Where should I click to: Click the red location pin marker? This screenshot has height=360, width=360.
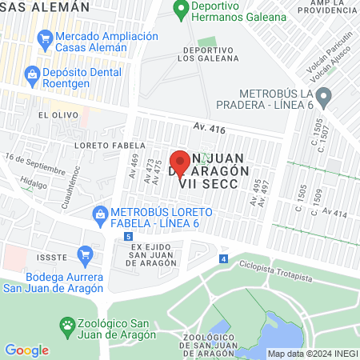click(x=180, y=164)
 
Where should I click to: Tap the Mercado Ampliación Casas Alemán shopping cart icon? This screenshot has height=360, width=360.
click(x=45, y=38)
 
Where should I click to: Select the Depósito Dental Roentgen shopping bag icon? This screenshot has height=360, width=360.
click(x=32, y=75)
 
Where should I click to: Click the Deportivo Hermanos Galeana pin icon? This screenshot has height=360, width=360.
click(x=179, y=11)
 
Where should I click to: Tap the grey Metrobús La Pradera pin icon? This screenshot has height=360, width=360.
click(x=324, y=98)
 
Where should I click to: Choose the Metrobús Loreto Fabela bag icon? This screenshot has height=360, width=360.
click(x=100, y=214)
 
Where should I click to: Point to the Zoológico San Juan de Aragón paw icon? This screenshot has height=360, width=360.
click(x=69, y=326)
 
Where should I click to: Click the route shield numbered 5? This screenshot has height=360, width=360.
click(x=128, y=237)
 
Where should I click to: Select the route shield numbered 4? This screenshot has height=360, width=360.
click(x=223, y=258)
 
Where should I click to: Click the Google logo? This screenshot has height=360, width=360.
click(x=26, y=350)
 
